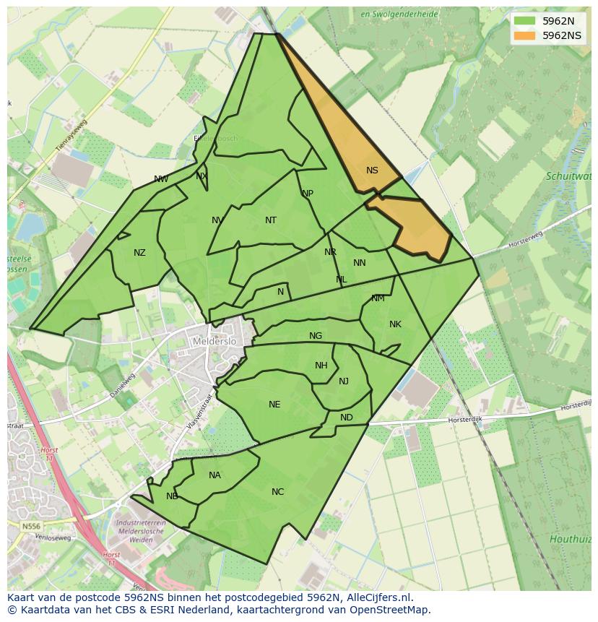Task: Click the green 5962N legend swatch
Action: pos(525,21)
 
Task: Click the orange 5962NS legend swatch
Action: pos(525,35)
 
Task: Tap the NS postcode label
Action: pos(372,170)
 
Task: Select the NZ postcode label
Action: pos(139,253)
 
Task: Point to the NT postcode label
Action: pos(271,220)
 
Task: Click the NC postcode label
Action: pos(278,492)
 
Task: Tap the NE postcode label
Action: pos(274,405)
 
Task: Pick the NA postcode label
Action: pos(214,475)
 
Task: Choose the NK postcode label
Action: pos(395,324)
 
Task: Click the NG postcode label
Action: pos(316,336)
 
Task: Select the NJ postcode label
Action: pos(344,381)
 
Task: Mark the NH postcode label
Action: pos(321,366)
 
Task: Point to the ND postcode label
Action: pos(347,418)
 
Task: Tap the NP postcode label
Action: pos(308,194)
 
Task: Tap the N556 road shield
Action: pos(31,527)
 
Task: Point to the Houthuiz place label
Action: pos(571,539)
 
